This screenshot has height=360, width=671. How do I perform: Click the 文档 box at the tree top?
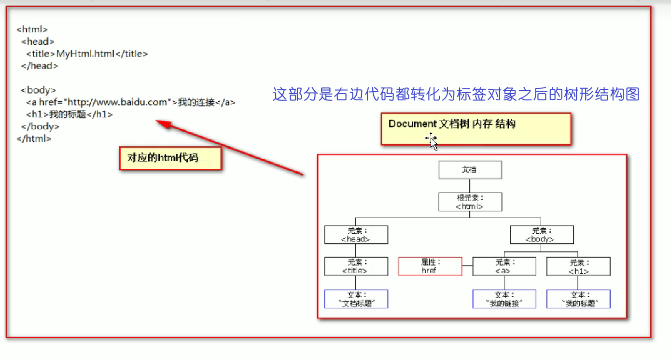tap(470, 170)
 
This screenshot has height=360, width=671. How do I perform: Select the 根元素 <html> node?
tap(470, 202)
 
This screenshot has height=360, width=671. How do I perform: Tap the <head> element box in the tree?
tap(356, 235)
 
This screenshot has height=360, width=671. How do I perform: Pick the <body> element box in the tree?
tap(542, 235)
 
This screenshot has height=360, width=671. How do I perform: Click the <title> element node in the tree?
tap(356, 266)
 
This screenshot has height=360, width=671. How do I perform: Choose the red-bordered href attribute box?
tap(430, 266)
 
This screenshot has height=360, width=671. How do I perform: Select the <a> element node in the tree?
tap(504, 266)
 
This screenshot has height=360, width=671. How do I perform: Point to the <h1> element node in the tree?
tap(578, 266)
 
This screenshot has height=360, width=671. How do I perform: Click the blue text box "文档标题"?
tap(356, 299)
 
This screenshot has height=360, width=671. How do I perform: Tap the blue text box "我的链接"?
tap(504, 299)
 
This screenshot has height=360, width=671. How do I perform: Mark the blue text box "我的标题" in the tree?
tap(578, 299)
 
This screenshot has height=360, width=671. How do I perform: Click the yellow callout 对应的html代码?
tap(170, 158)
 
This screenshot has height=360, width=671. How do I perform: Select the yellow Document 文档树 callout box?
tap(475, 128)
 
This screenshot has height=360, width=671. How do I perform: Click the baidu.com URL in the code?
tap(120, 102)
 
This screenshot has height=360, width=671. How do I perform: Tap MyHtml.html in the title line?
tap(85, 54)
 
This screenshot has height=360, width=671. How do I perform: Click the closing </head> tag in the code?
tap(40, 66)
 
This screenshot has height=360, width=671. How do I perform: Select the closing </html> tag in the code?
tap(34, 138)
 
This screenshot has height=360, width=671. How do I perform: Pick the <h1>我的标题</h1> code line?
tap(70, 114)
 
